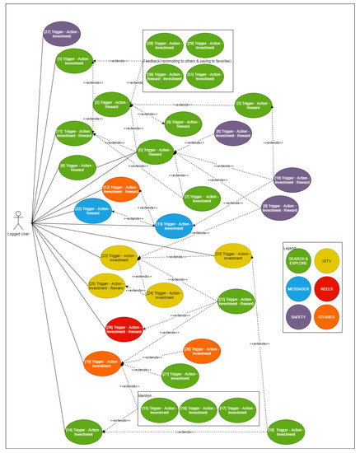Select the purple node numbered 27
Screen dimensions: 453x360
[62, 34]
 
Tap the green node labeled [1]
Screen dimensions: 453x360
[74, 61]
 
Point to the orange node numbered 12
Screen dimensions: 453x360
[120, 189]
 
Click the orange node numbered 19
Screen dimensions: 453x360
[102, 361]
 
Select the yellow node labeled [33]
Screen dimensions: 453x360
[232, 255]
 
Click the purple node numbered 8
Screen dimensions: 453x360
[233, 133]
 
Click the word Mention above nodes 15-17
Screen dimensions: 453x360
[145, 395]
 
